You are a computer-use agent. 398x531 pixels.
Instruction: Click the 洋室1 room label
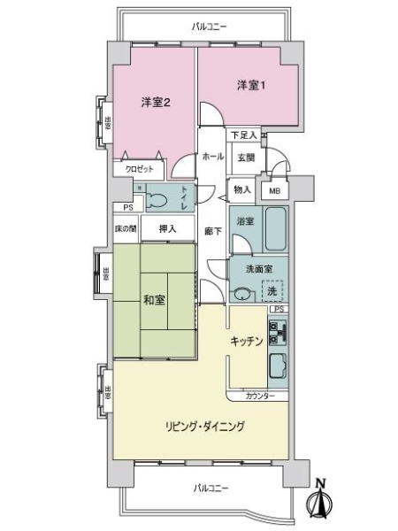pos(249,85)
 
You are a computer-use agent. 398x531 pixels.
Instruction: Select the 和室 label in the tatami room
pos(155,299)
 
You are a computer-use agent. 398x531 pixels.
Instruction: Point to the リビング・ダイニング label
pos(203,426)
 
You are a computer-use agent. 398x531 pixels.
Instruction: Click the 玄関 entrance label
pos(246,158)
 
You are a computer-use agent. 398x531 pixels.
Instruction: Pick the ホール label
pos(212,157)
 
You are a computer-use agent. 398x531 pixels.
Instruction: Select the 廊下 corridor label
pos(212,231)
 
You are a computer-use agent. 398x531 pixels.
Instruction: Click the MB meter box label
pos(274,190)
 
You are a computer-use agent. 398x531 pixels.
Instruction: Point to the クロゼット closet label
pos(138,168)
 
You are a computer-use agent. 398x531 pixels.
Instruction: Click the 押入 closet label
pos(167,229)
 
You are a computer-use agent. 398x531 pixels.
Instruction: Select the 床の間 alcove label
pos(126,229)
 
